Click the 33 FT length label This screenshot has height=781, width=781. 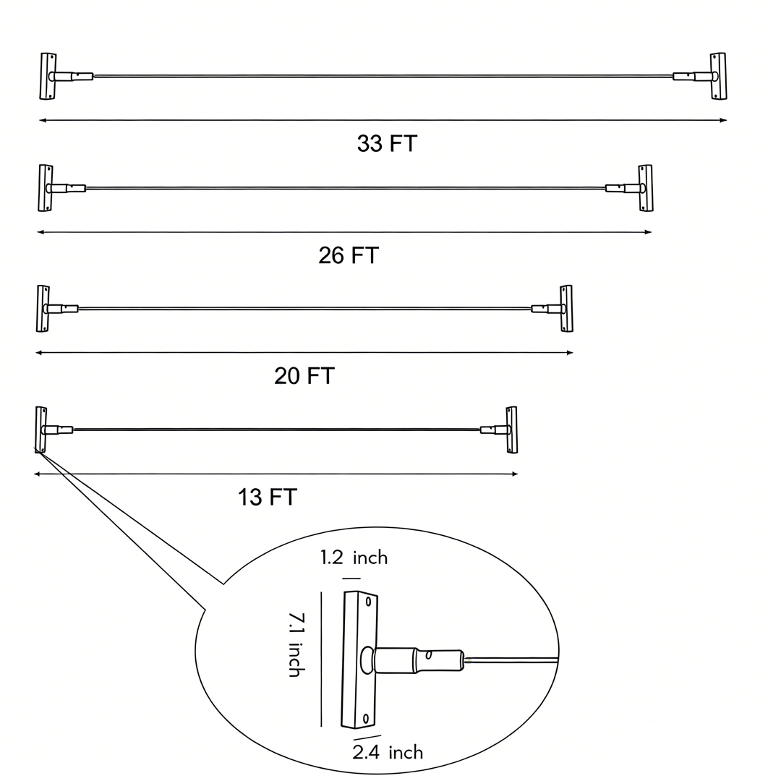(x=387, y=143)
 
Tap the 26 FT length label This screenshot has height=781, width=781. (x=349, y=255)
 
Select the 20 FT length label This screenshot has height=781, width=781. (x=304, y=376)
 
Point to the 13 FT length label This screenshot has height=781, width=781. (x=268, y=498)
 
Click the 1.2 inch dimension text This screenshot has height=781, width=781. (x=354, y=558)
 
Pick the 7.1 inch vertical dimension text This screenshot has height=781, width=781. (x=295, y=644)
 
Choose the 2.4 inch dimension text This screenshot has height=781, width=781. (x=388, y=752)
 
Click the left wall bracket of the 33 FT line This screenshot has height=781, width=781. (x=48, y=76)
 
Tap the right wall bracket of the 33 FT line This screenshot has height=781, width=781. (x=718, y=76)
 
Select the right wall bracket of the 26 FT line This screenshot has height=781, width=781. (x=646, y=188)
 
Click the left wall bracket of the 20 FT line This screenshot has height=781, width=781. (x=43, y=309)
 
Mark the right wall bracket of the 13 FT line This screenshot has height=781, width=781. (x=512, y=430)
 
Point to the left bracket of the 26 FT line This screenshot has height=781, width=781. (x=46, y=188)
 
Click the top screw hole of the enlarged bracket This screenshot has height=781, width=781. (x=369, y=601)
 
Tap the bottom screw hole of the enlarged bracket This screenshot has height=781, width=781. (x=366, y=718)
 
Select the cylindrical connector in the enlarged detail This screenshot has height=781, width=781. (x=419, y=659)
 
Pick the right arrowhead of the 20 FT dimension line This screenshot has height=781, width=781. (x=570, y=353)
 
